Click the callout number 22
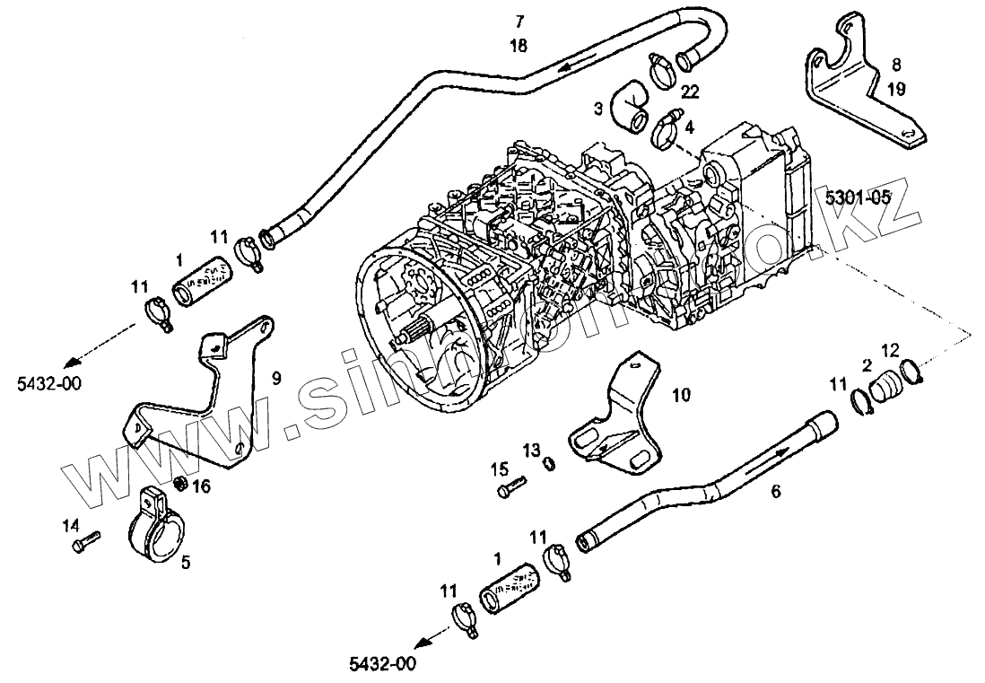click(x=690, y=91)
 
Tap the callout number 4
click(x=689, y=127)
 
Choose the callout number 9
click(x=276, y=379)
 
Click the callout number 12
click(x=889, y=348)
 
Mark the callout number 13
click(x=530, y=448)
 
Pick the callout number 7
click(x=519, y=20)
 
